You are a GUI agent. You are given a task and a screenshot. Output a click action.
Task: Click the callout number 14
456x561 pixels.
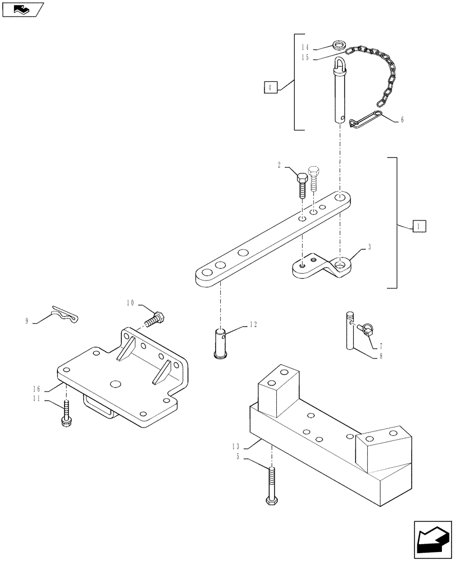[x=305, y=47]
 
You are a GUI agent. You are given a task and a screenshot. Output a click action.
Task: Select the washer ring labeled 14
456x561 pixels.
[x=338, y=44]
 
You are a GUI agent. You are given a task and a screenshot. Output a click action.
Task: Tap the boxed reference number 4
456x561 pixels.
[x=271, y=87]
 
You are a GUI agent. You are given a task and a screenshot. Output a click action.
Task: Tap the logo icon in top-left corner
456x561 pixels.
[x=23, y=9]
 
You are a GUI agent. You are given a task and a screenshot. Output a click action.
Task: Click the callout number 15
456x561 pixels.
[x=305, y=57]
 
